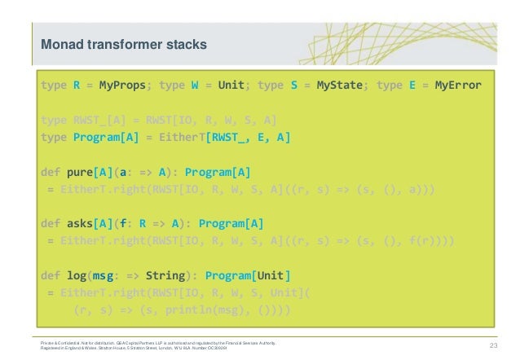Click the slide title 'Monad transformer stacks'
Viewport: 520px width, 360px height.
click(x=118, y=42)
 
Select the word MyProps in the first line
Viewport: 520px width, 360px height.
click(x=122, y=85)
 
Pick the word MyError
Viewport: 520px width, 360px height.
click(x=459, y=85)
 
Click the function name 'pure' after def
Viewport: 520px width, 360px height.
click(x=81, y=173)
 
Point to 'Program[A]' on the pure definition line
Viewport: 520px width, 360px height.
click(x=218, y=173)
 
